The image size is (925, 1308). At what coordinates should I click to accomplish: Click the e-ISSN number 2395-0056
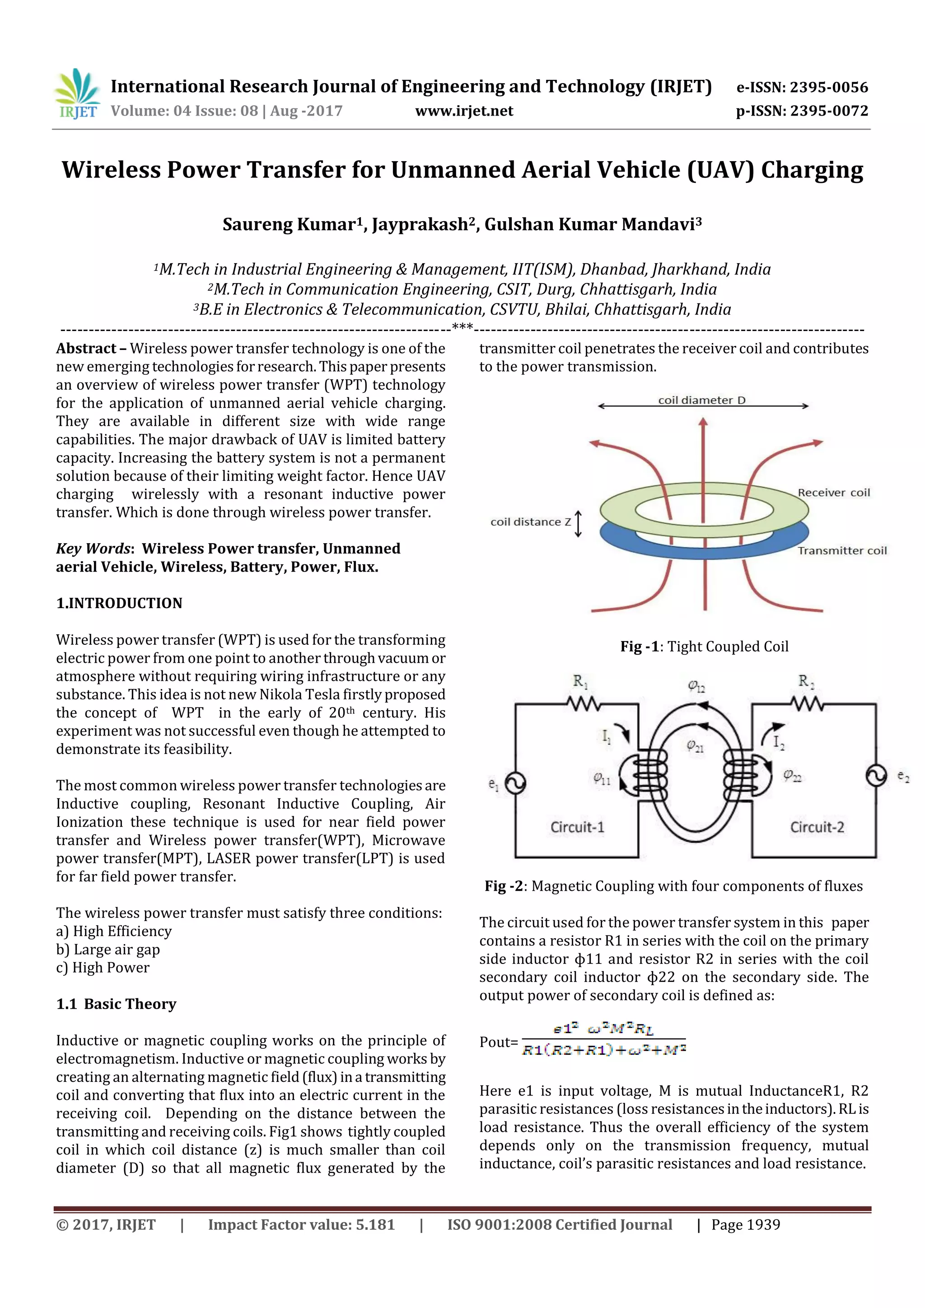click(828, 88)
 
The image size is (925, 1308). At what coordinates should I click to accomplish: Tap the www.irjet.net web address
click(464, 111)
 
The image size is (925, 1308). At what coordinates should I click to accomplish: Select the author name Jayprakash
click(420, 224)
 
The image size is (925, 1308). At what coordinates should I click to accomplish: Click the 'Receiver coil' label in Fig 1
click(833, 493)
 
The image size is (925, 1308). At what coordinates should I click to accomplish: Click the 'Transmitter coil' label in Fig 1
click(841, 550)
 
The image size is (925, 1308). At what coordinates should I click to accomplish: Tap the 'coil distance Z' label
click(530, 522)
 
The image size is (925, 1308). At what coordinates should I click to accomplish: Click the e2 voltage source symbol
click(877, 776)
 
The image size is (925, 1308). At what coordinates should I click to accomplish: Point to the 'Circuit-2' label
click(816, 827)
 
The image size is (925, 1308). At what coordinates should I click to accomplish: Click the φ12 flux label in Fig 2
click(696, 686)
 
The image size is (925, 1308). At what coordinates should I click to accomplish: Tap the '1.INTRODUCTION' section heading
click(119, 603)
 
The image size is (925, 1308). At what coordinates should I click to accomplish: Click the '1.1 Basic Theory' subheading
click(116, 1004)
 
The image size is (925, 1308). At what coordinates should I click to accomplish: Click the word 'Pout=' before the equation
click(498, 1042)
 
